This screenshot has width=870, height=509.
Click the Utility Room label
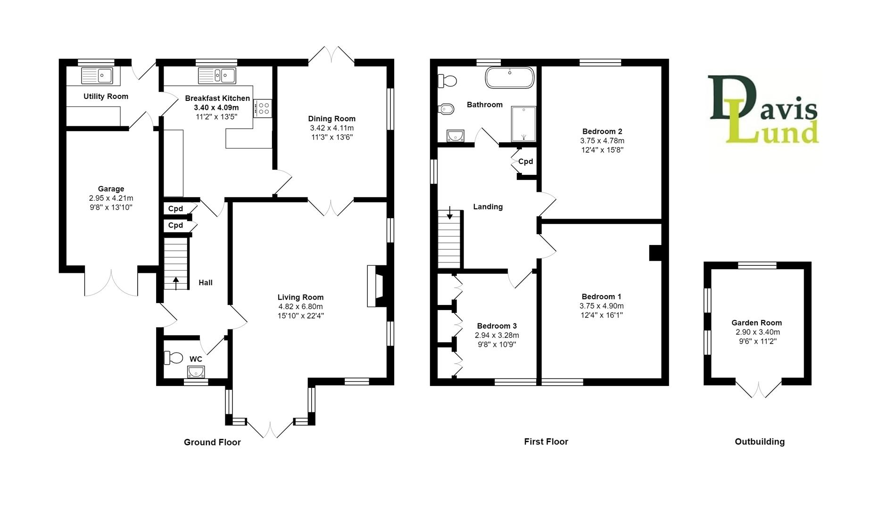click(x=106, y=96)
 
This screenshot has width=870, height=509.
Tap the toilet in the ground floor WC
click(x=173, y=358)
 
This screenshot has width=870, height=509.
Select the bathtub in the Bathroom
click(x=510, y=78)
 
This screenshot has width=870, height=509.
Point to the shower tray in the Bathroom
click(x=523, y=124)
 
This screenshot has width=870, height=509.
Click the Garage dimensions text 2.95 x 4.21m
click(x=111, y=198)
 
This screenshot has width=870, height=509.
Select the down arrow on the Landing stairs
click(x=450, y=213)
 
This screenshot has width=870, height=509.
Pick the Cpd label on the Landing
click(x=525, y=161)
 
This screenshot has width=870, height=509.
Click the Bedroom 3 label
click(x=497, y=326)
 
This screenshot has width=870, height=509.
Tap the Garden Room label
click(x=756, y=323)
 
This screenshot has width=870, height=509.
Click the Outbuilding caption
click(x=759, y=442)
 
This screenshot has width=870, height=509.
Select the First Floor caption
click(x=546, y=442)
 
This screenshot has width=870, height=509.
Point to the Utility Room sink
click(x=97, y=75)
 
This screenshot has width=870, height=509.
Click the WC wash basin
click(x=196, y=372)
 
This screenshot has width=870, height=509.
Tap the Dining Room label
click(x=331, y=119)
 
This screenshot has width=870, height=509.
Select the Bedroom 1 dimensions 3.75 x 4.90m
click(x=601, y=306)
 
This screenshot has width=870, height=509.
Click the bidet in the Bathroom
click(x=446, y=109)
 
